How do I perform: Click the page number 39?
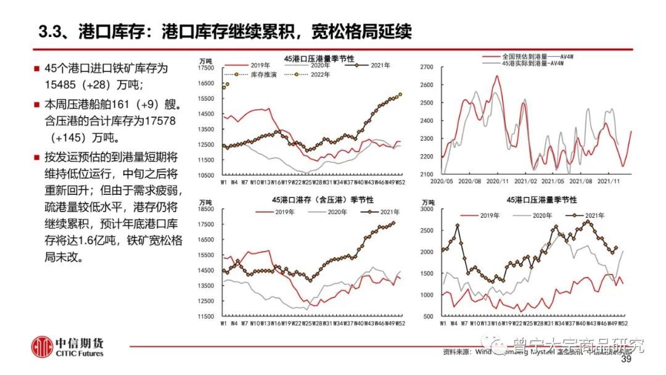pos(627,360)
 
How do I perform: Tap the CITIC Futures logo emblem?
pos(43,346)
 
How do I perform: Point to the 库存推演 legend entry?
pos(263,75)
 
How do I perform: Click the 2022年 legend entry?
pos(319,75)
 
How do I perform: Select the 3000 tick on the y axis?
pos(428,210)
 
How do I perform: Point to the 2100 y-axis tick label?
pos(427,175)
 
